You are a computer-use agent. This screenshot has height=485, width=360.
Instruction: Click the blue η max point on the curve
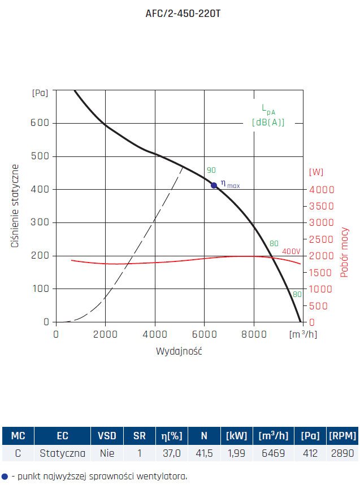pyautogui.click(x=214, y=185)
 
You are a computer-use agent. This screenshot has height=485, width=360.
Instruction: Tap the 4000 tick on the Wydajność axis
pyautogui.click(x=155, y=334)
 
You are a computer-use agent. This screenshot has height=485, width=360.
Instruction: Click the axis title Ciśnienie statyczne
pyautogui.click(x=16, y=206)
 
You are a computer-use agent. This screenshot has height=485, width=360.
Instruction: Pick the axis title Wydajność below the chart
pyautogui.click(x=179, y=351)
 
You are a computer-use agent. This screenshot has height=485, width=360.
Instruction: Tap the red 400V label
pyautogui.click(x=291, y=251)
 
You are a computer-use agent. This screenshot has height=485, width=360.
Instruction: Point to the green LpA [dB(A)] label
pyautogui.click(x=268, y=115)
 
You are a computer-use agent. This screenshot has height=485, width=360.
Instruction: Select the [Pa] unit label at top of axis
pyautogui.click(x=40, y=93)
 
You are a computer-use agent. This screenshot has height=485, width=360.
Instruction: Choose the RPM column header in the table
pyautogui.click(x=343, y=436)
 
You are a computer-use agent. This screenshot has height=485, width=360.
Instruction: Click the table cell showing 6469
pyautogui.click(x=274, y=453)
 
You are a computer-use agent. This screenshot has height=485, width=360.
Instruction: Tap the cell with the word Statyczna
pyautogui.click(x=62, y=453)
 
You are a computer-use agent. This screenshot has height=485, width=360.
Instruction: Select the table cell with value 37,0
pyautogui.click(x=171, y=453)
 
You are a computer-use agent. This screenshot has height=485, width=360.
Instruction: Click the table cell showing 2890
pyautogui.click(x=343, y=453)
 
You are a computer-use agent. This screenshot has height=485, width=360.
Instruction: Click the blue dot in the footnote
pyautogui.click(x=5, y=476)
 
